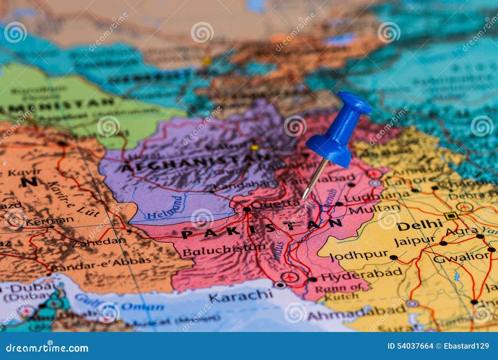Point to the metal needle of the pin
[315, 179]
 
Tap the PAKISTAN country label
[261, 228]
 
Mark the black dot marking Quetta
[247, 209]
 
